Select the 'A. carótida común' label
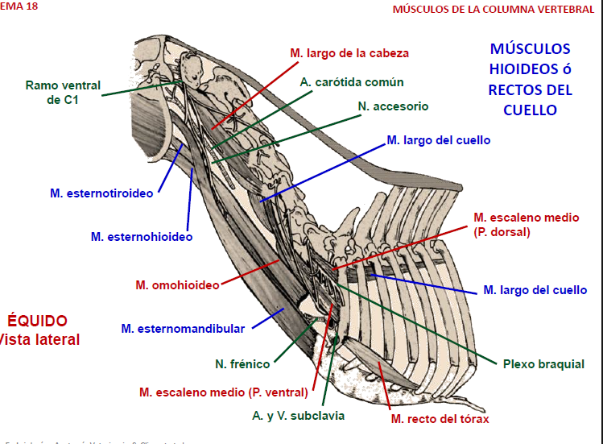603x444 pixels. [x=352, y=82]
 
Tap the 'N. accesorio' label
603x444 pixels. [x=393, y=106]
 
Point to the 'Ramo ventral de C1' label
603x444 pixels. [x=64, y=92]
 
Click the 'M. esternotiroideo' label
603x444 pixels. [x=101, y=193]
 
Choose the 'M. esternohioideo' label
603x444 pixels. [x=142, y=237]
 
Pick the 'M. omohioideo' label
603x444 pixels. [x=177, y=285]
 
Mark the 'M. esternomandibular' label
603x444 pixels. [x=183, y=328]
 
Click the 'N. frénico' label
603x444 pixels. [x=242, y=364]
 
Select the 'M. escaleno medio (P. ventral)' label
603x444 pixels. [x=223, y=392]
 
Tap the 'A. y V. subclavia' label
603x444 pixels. [x=298, y=416]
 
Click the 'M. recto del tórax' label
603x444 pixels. [x=440, y=418]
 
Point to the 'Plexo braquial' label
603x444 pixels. [x=543, y=364]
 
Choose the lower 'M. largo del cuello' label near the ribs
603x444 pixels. [x=535, y=290]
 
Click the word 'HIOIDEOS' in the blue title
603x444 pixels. [x=530, y=69]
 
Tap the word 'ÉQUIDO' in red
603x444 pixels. [x=38, y=321]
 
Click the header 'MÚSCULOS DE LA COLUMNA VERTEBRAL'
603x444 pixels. [x=494, y=10]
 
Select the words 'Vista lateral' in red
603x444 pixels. [x=40, y=339]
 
